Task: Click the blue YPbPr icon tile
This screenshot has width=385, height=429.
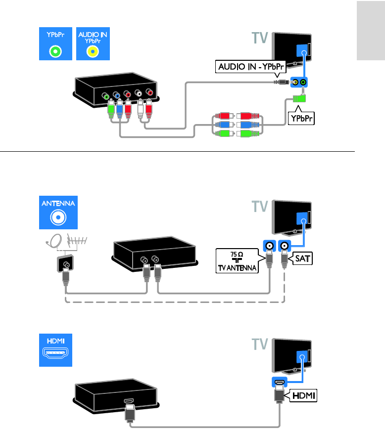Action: pos(56,43)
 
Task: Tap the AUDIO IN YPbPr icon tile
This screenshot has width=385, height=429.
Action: pos(93,43)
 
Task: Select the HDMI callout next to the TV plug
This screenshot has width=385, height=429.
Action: pos(303,395)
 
